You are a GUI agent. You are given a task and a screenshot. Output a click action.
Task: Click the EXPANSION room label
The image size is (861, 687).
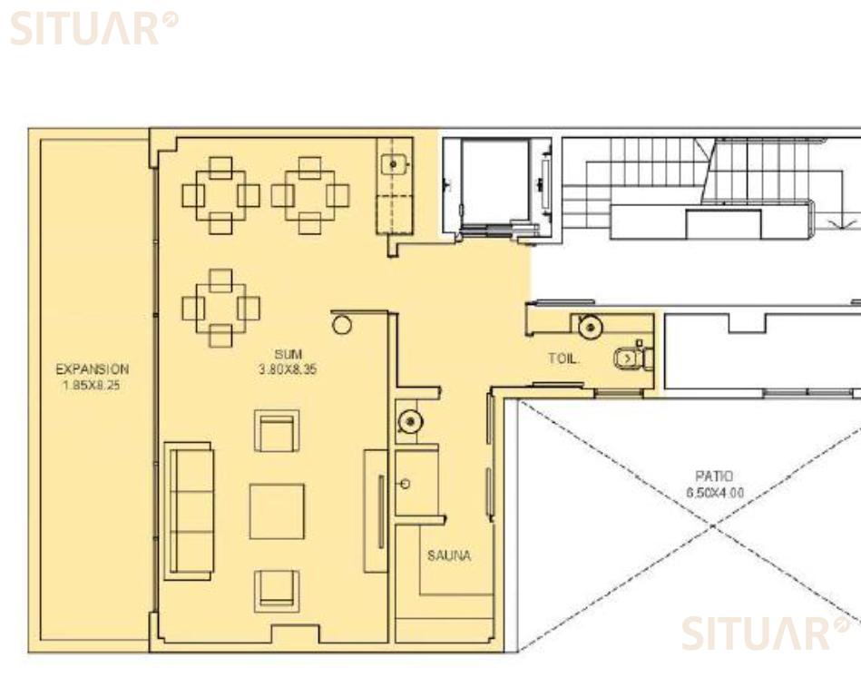[x=93, y=369]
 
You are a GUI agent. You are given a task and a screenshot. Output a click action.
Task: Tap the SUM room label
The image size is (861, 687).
[x=289, y=355]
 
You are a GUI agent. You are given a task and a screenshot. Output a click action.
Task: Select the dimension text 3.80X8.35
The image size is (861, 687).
[x=288, y=369]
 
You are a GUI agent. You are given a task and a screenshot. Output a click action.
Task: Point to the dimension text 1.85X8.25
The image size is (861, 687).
[x=92, y=386]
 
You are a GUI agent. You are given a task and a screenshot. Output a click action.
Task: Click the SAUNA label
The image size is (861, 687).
[x=449, y=555]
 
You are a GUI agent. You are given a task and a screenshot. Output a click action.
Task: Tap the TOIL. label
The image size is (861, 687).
[x=563, y=359]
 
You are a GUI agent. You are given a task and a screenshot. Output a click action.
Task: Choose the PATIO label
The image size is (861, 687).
[x=714, y=476]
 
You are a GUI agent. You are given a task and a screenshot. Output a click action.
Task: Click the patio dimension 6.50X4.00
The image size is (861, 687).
[x=715, y=493]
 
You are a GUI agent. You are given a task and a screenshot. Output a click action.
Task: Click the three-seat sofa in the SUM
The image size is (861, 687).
[x=189, y=511]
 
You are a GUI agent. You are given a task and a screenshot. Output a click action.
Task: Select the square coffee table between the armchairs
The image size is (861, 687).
[x=277, y=511]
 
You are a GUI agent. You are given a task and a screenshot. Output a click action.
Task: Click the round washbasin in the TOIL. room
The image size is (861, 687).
[x=591, y=328]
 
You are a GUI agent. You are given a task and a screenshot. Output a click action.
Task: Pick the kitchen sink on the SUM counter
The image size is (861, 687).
[x=394, y=163]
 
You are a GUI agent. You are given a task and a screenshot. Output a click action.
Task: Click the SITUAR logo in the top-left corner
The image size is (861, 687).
[x=93, y=28]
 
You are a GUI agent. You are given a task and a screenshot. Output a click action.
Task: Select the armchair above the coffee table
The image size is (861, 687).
[x=277, y=430]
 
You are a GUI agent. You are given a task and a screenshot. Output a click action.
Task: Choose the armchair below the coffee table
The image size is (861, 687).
[x=277, y=591]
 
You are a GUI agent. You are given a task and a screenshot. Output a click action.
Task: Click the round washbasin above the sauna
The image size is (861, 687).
[x=410, y=422]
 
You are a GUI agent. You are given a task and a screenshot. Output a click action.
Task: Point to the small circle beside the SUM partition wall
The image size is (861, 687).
[x=341, y=325]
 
